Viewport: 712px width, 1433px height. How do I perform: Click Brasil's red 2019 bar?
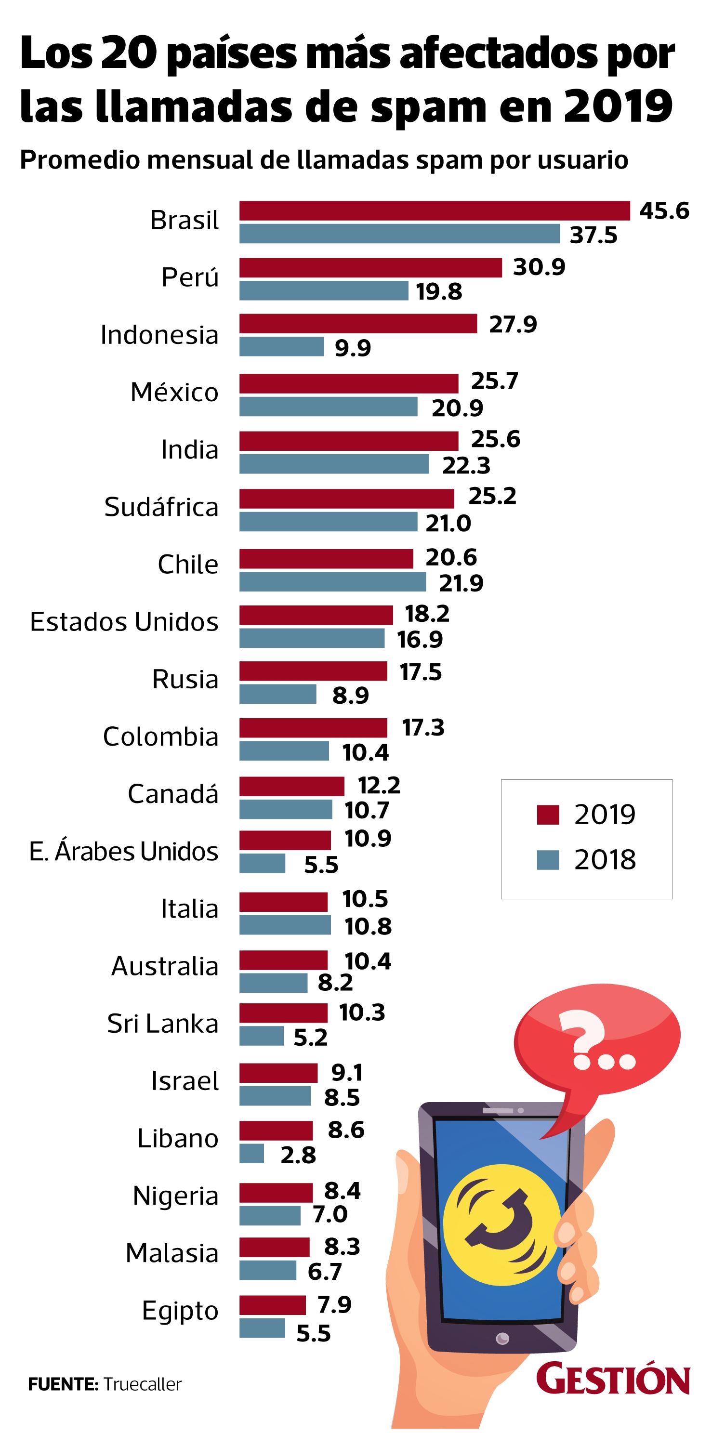pos(434,211)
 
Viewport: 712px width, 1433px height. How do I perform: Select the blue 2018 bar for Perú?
pos(324,290)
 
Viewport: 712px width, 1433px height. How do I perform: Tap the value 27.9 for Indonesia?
pos(512,324)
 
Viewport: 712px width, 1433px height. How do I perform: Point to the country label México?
pos(174,392)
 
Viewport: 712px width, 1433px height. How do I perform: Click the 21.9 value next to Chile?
pos(461,583)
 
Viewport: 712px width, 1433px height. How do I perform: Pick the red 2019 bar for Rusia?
pos(313,671)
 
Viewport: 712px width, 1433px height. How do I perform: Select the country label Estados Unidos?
pos(124,621)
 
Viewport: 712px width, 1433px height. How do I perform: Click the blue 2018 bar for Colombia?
pos(284,751)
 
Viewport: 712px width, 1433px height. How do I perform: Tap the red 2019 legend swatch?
pos(547,815)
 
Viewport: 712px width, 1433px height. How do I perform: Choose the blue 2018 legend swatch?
pos(547,859)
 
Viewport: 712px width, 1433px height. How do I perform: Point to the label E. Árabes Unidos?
pos(123,851)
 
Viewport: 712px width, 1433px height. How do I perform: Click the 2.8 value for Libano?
pos(298,1156)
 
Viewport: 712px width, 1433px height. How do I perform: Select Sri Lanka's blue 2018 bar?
pos(262,1036)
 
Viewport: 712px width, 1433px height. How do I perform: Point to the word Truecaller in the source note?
pos(143,1384)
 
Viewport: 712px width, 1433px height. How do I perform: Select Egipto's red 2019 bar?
pos(273,1305)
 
